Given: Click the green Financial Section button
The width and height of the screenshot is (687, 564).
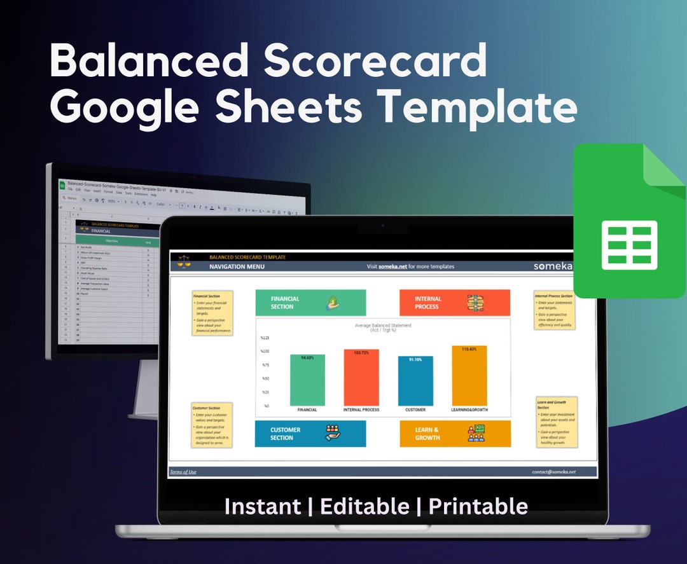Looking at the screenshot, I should (x=310, y=303).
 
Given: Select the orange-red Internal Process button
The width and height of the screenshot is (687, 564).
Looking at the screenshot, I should (x=454, y=303).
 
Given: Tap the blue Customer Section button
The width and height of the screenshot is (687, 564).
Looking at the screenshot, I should (x=310, y=434).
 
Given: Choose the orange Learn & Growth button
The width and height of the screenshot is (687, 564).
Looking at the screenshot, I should (x=454, y=434).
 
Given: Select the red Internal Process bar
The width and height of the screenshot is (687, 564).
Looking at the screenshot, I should (x=361, y=378).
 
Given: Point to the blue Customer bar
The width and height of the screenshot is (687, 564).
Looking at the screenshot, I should (x=415, y=382).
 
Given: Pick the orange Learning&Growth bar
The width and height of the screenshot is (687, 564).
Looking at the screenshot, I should (x=469, y=376).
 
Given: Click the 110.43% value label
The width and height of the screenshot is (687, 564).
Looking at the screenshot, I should (x=469, y=349).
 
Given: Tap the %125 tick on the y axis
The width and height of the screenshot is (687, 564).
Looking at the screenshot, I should (x=265, y=338).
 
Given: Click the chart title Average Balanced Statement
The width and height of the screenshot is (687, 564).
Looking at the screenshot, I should (x=383, y=326).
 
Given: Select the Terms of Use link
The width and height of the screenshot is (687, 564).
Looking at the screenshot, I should (x=183, y=472).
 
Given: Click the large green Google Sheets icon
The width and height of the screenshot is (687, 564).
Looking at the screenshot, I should (x=629, y=220).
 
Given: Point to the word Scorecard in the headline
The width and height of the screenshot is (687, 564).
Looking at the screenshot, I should (x=375, y=62).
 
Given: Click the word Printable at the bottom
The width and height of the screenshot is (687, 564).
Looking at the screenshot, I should (x=478, y=506).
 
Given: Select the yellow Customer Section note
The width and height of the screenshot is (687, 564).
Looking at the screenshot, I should (x=212, y=425).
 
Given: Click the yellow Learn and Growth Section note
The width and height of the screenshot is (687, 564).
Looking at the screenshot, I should (x=556, y=421).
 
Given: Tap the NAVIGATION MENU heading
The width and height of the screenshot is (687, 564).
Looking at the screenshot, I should (x=237, y=266).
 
